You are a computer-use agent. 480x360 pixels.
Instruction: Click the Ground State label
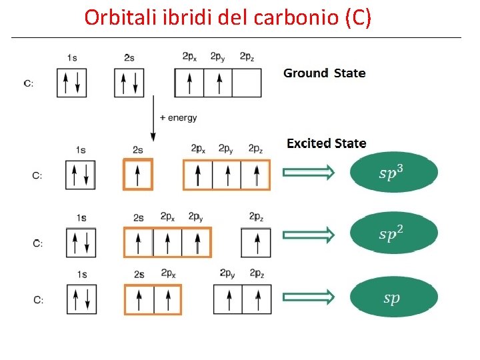click(324, 73)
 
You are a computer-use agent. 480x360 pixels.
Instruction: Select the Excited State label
click(326, 143)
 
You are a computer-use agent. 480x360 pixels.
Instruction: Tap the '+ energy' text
click(179, 118)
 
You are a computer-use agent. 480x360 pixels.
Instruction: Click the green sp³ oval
click(393, 173)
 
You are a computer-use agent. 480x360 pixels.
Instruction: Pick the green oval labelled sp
click(393, 297)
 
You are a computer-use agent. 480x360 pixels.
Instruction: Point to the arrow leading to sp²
click(308, 235)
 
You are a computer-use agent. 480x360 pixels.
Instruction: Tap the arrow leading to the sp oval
click(308, 297)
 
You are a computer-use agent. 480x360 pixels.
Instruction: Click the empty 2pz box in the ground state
click(247, 83)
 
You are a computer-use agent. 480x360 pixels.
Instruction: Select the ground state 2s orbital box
click(129, 83)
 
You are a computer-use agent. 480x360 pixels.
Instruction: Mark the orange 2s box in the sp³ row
click(137, 175)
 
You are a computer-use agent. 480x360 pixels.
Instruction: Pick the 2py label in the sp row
click(227, 273)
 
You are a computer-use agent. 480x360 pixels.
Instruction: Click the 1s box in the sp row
click(81, 299)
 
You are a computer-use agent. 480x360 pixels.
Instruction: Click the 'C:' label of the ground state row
click(29, 84)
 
